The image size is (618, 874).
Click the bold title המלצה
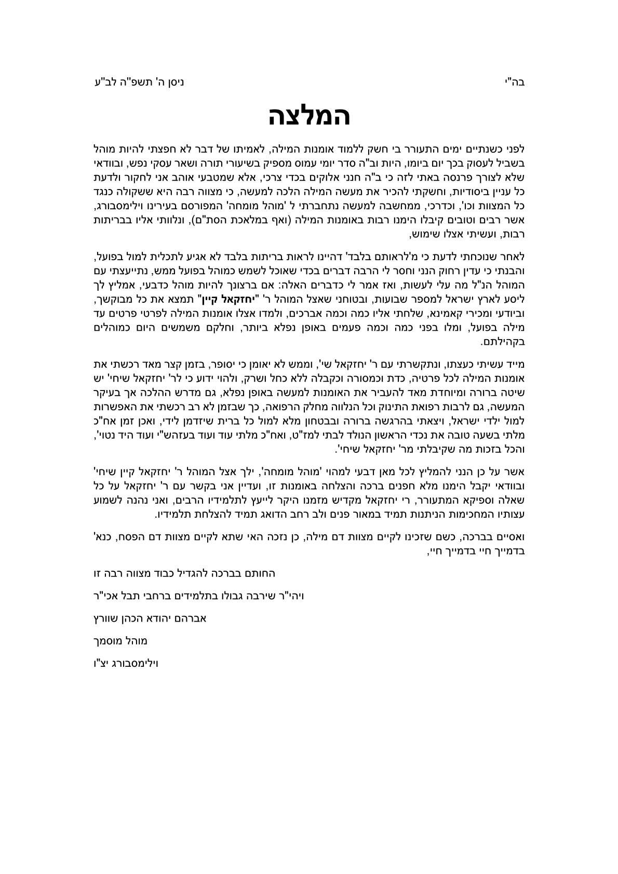[310, 116]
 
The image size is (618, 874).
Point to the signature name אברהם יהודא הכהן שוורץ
[149, 618]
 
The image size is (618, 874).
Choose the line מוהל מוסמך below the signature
[119, 641]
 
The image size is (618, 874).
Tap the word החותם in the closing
[259, 573]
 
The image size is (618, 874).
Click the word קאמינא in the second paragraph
[442, 314]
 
